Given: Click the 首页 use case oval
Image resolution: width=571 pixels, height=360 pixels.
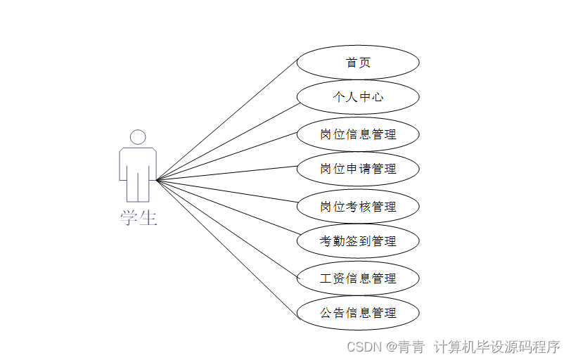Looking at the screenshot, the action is click(358, 63).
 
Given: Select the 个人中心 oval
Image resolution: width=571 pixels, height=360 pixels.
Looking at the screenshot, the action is click(358, 97).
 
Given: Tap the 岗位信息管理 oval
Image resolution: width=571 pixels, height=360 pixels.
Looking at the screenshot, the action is click(358, 134).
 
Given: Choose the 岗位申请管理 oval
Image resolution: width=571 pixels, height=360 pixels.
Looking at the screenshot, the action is click(358, 169).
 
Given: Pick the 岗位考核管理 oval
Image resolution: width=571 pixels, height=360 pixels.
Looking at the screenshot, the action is click(358, 207).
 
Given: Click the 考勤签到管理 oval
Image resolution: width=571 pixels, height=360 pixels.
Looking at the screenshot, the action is click(358, 241).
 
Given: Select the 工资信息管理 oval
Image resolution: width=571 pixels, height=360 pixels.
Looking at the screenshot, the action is click(358, 278).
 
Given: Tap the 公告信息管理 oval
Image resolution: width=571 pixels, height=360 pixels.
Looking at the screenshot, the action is click(358, 313).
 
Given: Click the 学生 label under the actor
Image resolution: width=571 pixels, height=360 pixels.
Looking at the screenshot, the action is click(138, 218).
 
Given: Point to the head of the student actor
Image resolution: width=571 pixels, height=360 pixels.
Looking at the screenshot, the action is click(138, 137).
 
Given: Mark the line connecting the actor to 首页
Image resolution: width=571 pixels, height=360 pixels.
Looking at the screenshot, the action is click(227, 120).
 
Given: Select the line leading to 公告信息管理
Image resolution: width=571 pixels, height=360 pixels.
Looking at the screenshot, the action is click(227, 247).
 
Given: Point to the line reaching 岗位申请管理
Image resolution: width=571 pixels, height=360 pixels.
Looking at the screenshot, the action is click(227, 173).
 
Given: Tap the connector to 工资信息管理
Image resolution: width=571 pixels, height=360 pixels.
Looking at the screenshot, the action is click(227, 229).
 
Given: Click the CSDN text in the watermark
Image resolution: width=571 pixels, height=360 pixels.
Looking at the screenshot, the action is click(364, 347).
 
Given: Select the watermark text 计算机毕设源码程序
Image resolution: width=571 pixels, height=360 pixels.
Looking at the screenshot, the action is click(496, 347).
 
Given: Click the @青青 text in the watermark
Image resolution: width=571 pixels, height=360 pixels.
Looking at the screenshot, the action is click(404, 347).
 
